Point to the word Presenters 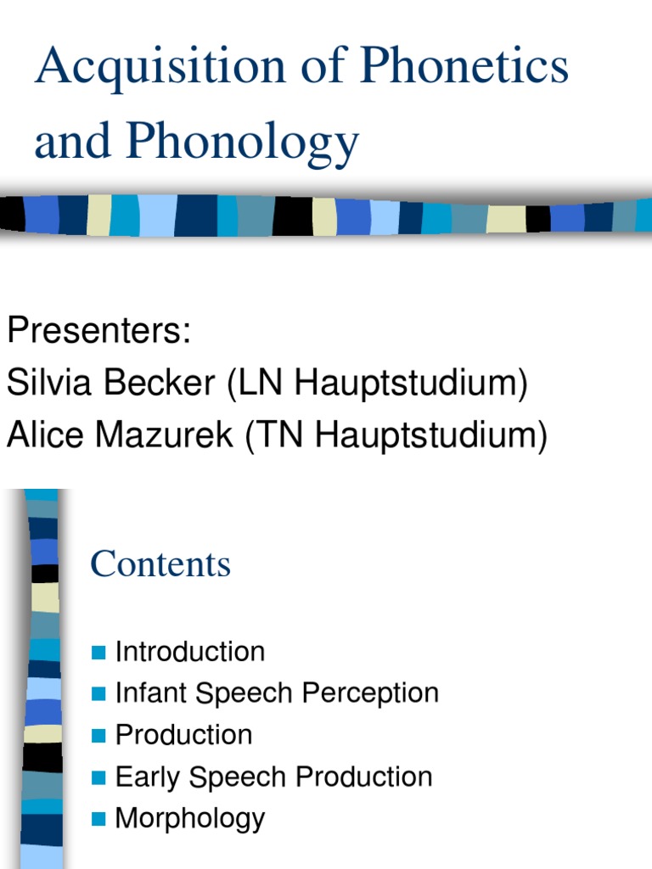(x=98, y=330)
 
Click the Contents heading (x=160, y=564)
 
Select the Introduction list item (x=190, y=652)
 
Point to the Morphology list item (x=190, y=818)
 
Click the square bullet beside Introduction (x=99, y=653)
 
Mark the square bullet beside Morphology (x=99, y=819)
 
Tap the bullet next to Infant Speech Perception (x=99, y=694)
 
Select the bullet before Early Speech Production (x=99, y=777)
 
